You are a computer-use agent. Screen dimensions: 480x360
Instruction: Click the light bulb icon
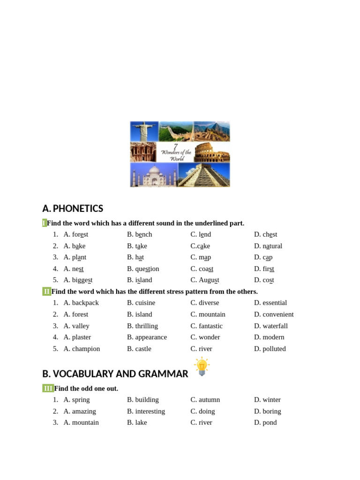[202, 366]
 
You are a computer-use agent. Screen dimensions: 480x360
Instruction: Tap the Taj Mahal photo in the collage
[154, 175]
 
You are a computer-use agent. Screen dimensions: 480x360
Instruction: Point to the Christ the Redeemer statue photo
[144, 131]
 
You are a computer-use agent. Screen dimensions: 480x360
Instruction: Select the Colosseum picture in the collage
[212, 152]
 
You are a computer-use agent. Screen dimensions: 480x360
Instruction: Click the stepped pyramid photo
[204, 175]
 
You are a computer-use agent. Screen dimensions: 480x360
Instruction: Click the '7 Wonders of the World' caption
[176, 152]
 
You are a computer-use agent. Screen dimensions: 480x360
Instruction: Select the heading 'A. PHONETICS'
[73, 209]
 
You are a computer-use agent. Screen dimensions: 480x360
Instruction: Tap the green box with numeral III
[48, 388]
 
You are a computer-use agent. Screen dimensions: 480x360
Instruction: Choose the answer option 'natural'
[272, 246]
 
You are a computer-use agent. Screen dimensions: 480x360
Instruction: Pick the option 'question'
[147, 269]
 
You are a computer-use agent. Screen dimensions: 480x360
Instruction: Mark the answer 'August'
[209, 280]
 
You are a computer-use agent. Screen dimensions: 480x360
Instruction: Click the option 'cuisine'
[145, 303]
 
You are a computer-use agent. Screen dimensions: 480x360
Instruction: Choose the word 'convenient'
[278, 315]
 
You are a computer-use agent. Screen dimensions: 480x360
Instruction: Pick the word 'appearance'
[151, 337]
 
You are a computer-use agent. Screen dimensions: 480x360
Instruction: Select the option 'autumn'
[209, 400]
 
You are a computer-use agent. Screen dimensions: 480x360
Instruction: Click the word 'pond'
[270, 423]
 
